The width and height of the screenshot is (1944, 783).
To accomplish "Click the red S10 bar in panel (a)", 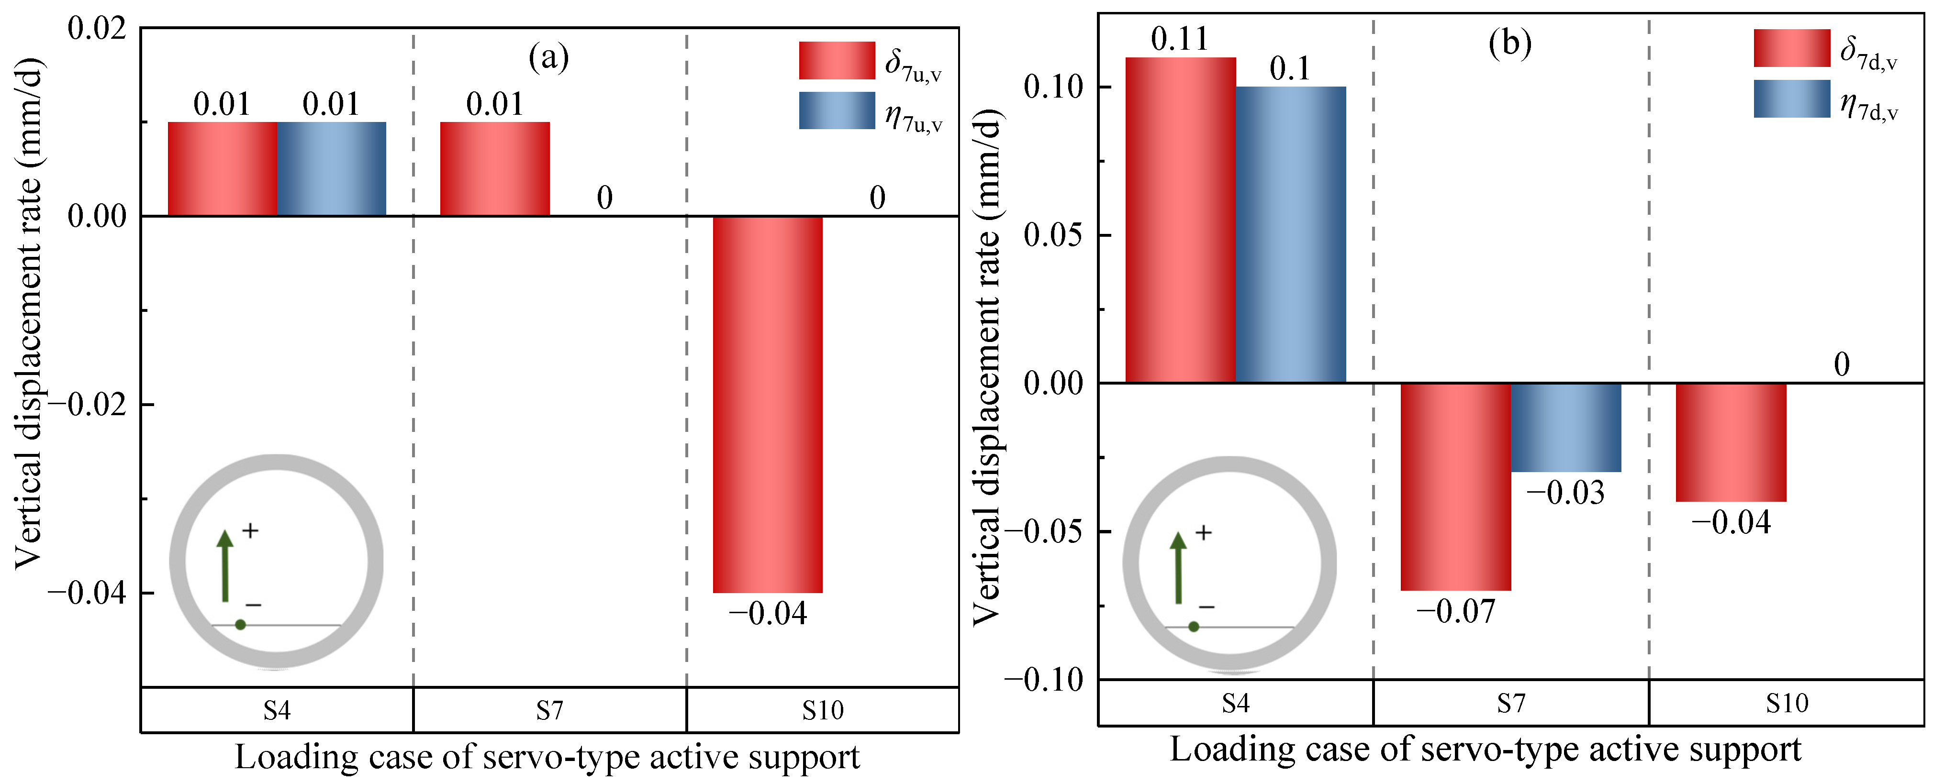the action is point(768,404).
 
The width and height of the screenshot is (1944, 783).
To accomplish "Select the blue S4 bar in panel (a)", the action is point(331,169).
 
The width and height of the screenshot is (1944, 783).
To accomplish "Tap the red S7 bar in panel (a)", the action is point(495,169).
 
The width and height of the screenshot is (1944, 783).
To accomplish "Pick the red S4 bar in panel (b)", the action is point(1180,221).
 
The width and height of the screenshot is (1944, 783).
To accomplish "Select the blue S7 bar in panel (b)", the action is point(1566,428).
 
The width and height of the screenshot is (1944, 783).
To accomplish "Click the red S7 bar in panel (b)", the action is point(1456,486).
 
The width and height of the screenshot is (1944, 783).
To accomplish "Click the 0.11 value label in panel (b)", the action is point(1180,38).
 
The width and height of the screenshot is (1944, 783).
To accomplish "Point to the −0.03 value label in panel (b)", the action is point(1566,493).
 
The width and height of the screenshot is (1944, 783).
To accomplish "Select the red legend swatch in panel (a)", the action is point(837,60).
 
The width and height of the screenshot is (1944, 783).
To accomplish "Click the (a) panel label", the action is point(548,57).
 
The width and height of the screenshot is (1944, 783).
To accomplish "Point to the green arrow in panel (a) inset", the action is point(225,566).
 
